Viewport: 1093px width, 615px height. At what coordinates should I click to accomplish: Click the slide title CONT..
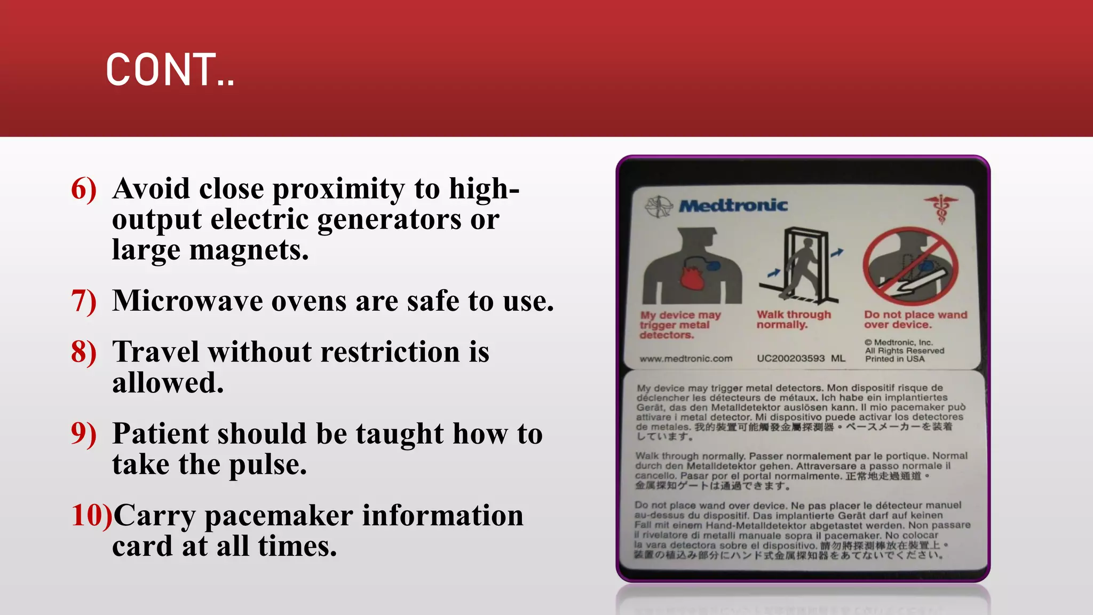click(170, 70)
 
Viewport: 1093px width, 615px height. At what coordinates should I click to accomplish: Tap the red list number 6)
click(84, 189)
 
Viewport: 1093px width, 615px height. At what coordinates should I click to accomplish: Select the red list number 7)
click(84, 301)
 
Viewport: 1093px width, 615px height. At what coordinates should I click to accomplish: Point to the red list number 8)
click(84, 352)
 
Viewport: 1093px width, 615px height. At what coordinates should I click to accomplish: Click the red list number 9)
click(84, 433)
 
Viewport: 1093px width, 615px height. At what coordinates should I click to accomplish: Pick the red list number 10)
click(91, 516)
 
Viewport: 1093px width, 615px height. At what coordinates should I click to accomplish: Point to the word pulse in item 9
click(268, 464)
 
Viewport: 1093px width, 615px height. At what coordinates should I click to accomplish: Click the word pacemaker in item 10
click(279, 516)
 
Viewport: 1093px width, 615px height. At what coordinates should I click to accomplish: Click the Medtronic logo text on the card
click(733, 206)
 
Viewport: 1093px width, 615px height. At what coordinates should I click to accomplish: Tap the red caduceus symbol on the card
click(940, 208)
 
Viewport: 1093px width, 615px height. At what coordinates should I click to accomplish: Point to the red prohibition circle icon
click(910, 266)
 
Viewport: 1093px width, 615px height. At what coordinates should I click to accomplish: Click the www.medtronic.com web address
click(686, 359)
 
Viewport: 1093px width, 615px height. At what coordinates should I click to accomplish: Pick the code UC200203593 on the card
click(790, 359)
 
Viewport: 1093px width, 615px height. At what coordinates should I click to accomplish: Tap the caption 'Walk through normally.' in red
click(794, 319)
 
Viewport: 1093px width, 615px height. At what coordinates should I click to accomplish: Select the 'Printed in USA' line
click(895, 359)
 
